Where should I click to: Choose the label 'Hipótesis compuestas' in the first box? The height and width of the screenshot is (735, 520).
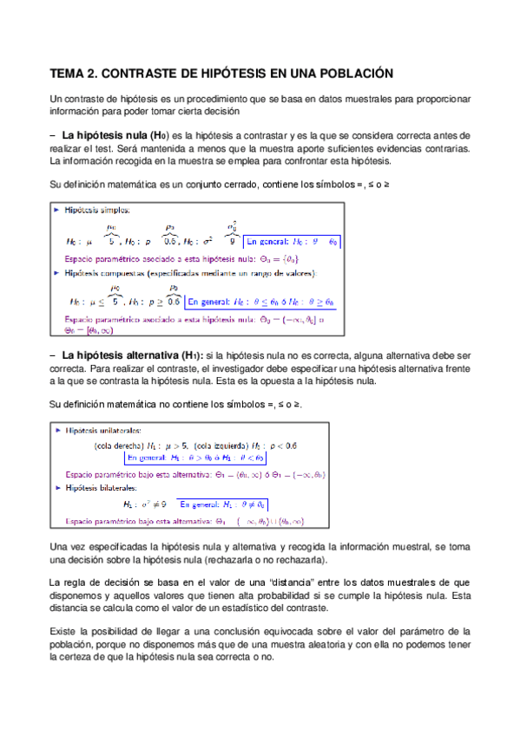pyautogui.click(x=109, y=273)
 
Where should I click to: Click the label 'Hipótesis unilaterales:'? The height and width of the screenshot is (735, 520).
pyautogui.click(x=105, y=430)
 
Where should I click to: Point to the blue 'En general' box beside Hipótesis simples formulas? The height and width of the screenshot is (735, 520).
pyautogui.click(x=291, y=241)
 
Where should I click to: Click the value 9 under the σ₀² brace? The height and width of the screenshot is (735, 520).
pyautogui.click(x=233, y=242)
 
